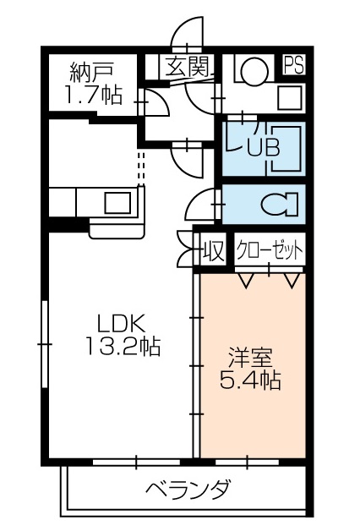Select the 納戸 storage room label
pyautogui.click(x=91, y=71)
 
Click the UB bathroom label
pyautogui.click(x=262, y=145)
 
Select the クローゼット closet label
pyautogui.click(x=270, y=251)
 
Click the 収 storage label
pyautogui.click(x=214, y=252)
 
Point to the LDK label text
pyautogui.click(x=122, y=322)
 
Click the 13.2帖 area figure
pyautogui.click(x=122, y=345)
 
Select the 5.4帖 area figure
pyautogui.click(x=249, y=380)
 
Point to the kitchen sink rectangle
pyautogui.click(x=117, y=203)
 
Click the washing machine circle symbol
pyautogui.click(x=251, y=71)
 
